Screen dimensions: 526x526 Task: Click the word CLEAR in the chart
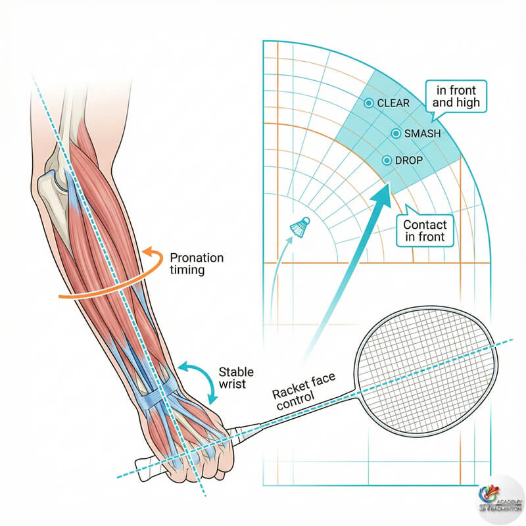point(393,103)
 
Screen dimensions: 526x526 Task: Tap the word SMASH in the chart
point(422,133)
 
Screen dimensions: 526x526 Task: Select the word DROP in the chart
point(408,160)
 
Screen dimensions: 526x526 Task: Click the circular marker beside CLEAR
point(368,103)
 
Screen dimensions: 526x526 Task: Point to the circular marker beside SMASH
point(396,133)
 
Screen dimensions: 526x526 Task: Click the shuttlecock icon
point(300,226)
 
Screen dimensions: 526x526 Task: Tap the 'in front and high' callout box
point(452,96)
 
